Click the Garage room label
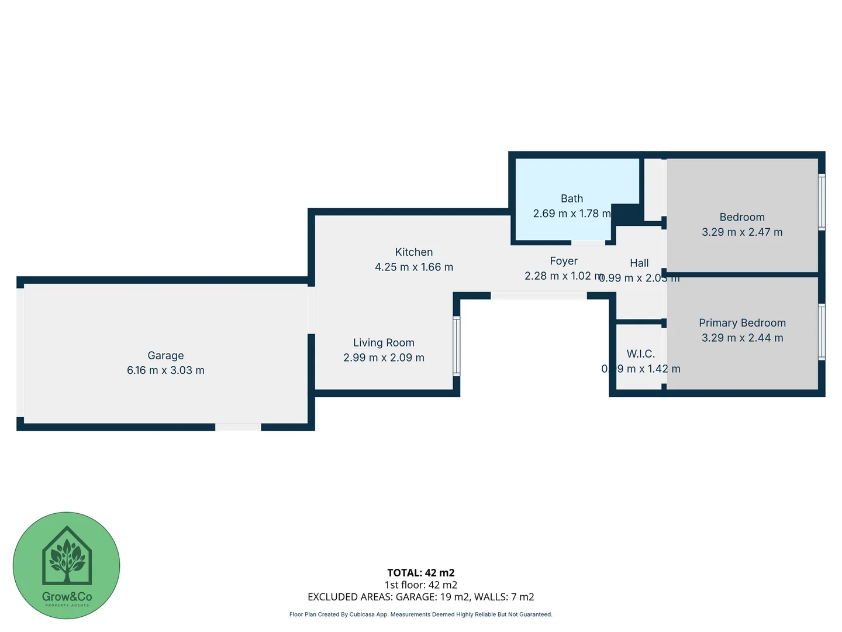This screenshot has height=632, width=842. pos(165,355)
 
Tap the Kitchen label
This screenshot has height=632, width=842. pos(414,252)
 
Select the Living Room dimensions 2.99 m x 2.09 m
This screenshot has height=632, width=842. pos(384,358)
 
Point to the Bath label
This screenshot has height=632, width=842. pos(572,199)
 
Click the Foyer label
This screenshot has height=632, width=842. pos(564,261)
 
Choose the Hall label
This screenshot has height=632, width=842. pos(639,263)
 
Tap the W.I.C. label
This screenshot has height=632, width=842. pos(641,354)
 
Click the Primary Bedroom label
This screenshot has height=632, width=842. pos(742,323)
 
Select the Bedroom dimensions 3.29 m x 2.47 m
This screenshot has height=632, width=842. pos(742,232)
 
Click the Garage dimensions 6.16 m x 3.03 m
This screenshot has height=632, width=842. pos(165,370)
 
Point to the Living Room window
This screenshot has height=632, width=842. pos(457,346)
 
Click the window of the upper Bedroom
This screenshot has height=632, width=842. pos(822,202)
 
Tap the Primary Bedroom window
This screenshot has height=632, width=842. pos(822,331)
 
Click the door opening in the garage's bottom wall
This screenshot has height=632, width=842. pos(238,427)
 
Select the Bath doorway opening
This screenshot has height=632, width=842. pos(588,242)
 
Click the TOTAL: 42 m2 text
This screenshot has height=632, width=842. pos(420,573)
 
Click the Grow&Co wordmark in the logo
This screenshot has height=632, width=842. pos(67,597)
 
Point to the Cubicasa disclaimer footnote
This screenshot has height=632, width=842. pos(420,614)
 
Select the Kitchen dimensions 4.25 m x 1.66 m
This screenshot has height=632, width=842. pos(414,267)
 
